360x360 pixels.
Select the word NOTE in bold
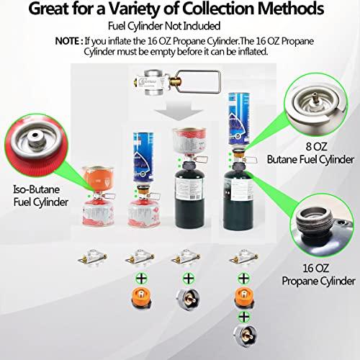(70, 40)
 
